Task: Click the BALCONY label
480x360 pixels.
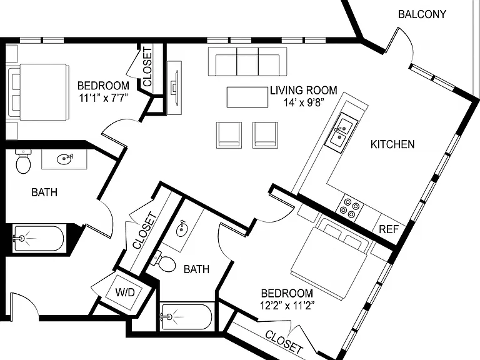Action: [422, 14]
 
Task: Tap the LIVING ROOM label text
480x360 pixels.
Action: [303, 90]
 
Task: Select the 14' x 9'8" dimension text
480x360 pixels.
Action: [303, 102]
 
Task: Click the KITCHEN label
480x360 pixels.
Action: [392, 144]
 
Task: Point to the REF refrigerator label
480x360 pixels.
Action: [389, 229]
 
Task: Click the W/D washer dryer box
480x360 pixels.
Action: [124, 292]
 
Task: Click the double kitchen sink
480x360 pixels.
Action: [341, 132]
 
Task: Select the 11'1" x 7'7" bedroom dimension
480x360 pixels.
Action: [103, 98]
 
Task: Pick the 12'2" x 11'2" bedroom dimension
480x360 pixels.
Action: [287, 305]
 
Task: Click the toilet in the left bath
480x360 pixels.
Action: [23, 161]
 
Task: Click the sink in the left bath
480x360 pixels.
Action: [64, 159]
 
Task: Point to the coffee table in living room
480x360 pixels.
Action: [247, 97]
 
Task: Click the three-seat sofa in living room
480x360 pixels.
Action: [247, 61]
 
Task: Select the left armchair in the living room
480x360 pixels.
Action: [229, 135]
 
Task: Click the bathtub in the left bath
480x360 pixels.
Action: [38, 239]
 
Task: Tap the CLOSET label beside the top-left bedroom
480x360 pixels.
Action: [147, 67]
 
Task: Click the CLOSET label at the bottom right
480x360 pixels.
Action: [284, 341]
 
